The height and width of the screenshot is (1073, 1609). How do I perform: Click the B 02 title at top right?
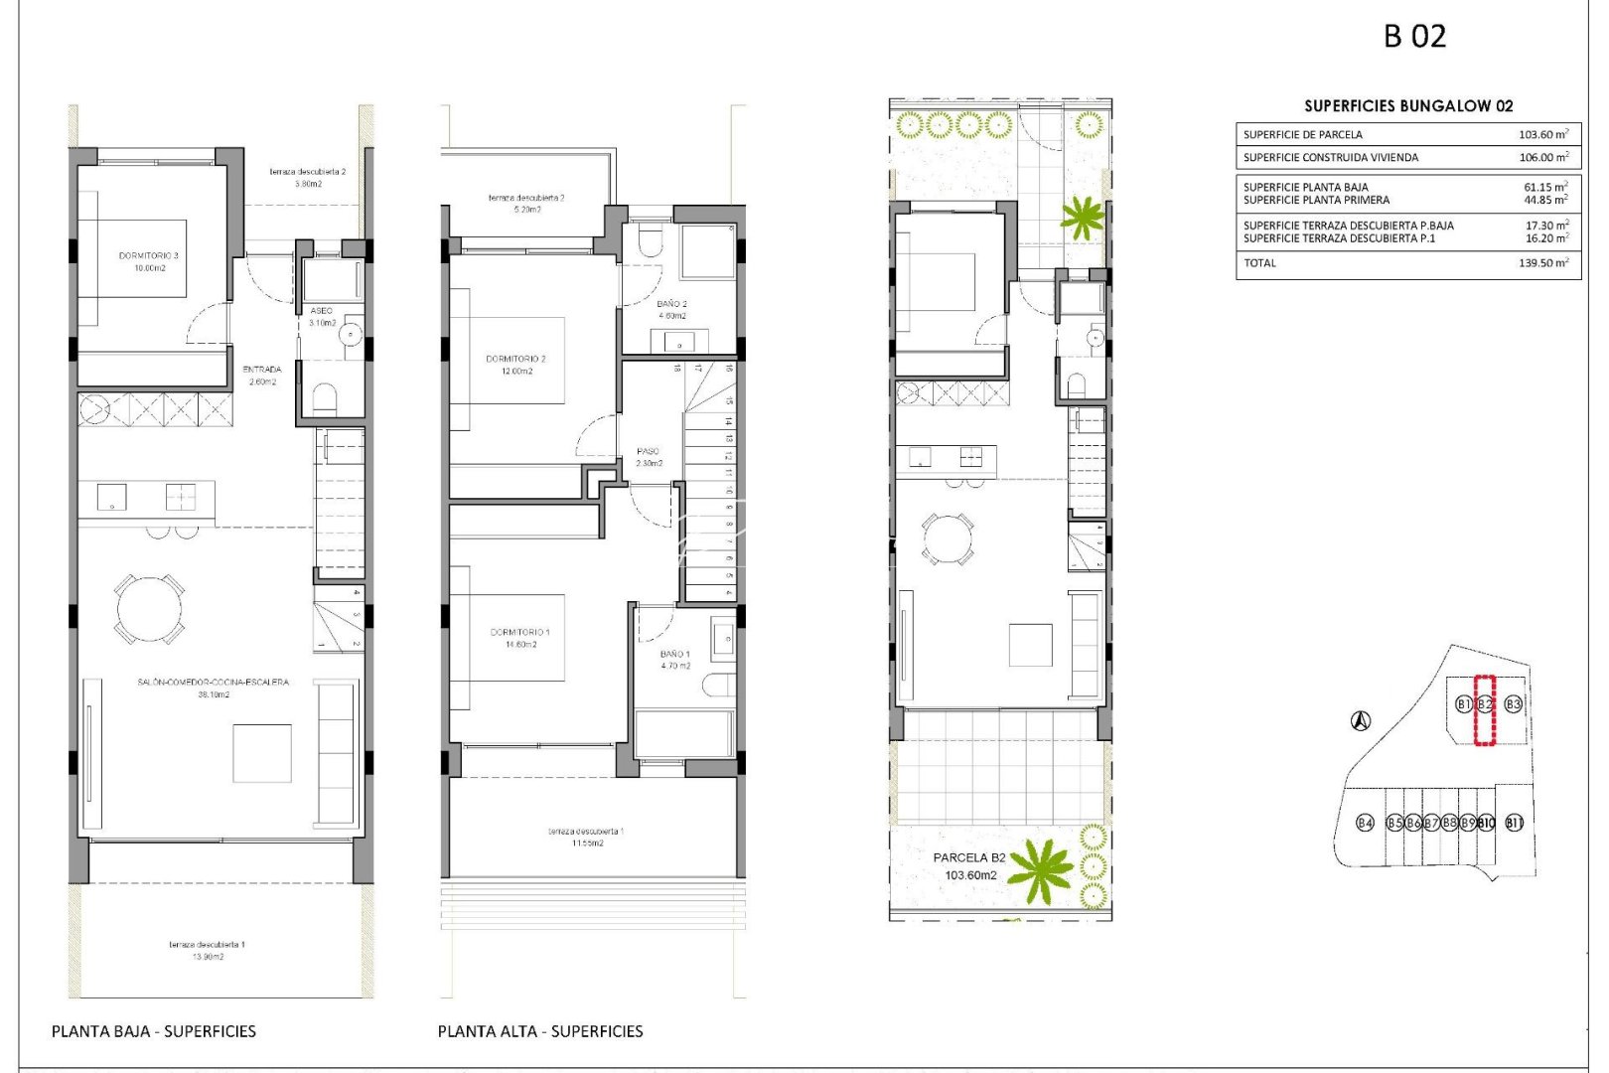pyautogui.click(x=1414, y=37)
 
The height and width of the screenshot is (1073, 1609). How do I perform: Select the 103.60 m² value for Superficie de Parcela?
pyautogui.click(x=1542, y=134)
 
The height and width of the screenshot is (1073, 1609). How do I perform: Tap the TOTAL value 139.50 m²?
pyautogui.click(x=1542, y=263)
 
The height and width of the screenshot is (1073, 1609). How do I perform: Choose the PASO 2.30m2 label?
pyautogui.click(x=649, y=457)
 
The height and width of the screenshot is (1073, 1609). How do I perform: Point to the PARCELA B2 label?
pyautogui.click(x=969, y=857)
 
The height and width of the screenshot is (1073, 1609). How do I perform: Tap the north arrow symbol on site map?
pyautogui.click(x=1361, y=720)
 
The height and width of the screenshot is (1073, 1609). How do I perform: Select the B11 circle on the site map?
pyautogui.click(x=1514, y=823)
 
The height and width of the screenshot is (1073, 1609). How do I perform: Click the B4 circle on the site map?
pyautogui.click(x=1366, y=823)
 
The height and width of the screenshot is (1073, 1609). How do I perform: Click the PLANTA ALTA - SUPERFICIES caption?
pyautogui.click(x=540, y=1031)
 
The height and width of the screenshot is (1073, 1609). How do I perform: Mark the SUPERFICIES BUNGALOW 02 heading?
pyautogui.click(x=1408, y=106)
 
